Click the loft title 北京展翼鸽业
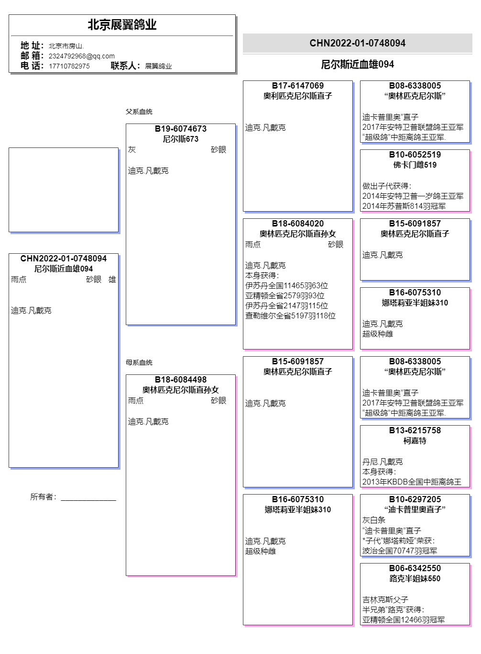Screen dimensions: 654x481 pyautogui.click(x=122, y=25)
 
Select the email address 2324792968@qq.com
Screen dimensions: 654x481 pyautogui.click(x=81, y=56)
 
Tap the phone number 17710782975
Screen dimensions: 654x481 pyautogui.click(x=69, y=66)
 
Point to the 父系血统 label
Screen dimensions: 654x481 pyautogui.click(x=139, y=112)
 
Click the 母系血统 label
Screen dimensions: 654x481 pyautogui.click(x=139, y=362)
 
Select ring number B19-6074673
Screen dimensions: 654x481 pyautogui.click(x=181, y=129)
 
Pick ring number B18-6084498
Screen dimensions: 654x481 pyautogui.click(x=181, y=380)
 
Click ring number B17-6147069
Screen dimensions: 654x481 pyautogui.click(x=297, y=86)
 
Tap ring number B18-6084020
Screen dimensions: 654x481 pyautogui.click(x=297, y=224)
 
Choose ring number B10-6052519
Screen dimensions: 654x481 pyautogui.click(x=415, y=155)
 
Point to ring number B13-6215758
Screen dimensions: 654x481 pyautogui.click(x=415, y=430)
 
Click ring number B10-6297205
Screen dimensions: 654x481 pyautogui.click(x=415, y=499)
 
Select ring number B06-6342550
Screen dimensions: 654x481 pyautogui.click(x=415, y=568)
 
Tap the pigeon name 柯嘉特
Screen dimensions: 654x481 pyautogui.click(x=415, y=440)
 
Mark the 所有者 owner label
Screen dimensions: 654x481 pyautogui.click(x=43, y=497)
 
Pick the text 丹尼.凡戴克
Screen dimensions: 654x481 pyautogui.click(x=383, y=462)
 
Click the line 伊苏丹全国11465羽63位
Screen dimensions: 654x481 pyautogui.click(x=286, y=285)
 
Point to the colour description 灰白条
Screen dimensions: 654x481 pyautogui.click(x=374, y=520)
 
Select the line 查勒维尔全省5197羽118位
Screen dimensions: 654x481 pyautogui.click(x=290, y=316)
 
